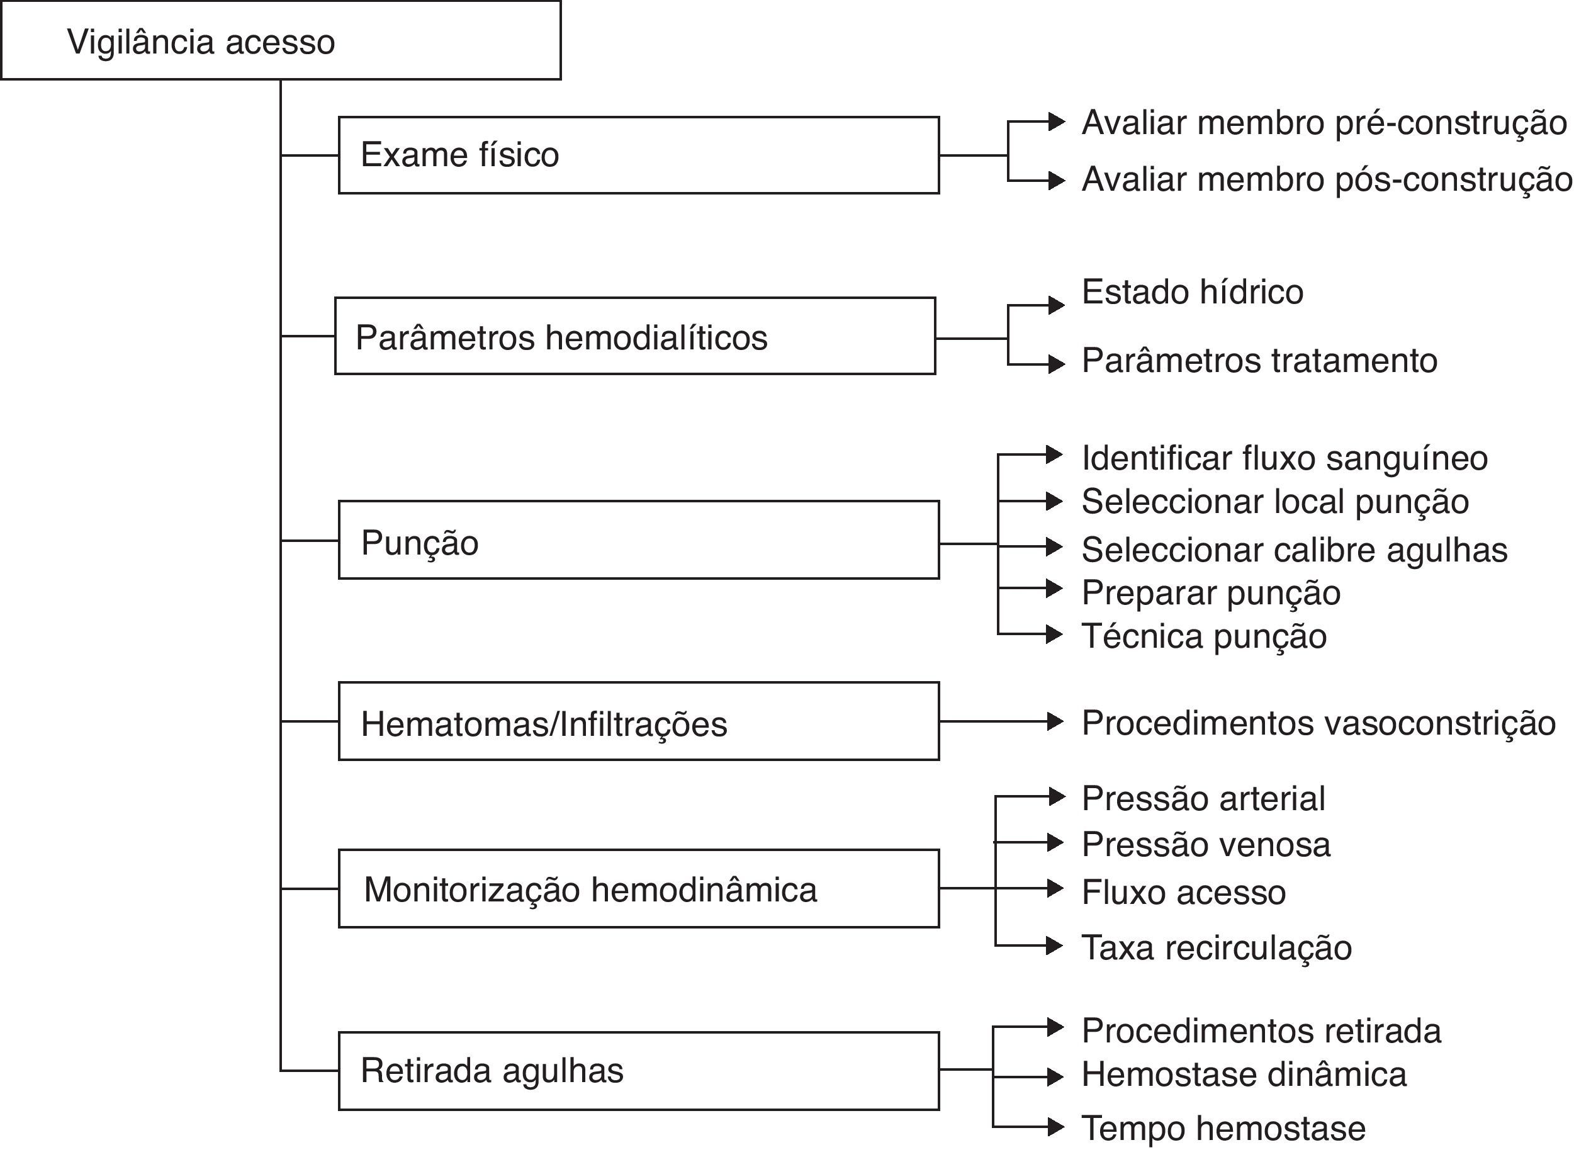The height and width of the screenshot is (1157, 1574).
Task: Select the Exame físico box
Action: [638, 155]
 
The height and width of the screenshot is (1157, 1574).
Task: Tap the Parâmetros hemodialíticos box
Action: [634, 336]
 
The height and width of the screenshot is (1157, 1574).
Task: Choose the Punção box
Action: [638, 540]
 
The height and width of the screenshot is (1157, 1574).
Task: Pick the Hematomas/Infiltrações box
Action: [638, 721]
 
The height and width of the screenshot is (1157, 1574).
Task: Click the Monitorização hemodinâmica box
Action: [638, 889]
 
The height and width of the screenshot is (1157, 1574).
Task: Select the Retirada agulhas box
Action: [638, 1071]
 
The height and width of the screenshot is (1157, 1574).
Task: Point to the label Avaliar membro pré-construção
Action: [1324, 123]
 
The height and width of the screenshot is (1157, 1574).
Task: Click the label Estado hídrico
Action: [1192, 291]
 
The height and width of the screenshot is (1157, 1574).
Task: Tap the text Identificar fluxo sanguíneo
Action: [1284, 458]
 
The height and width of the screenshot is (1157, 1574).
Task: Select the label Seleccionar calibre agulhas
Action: [1294, 550]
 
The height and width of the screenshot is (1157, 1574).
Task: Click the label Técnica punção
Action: [1203, 636]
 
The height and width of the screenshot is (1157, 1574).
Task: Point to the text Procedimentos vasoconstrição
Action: [1318, 723]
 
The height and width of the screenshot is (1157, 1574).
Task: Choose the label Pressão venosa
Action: [1205, 844]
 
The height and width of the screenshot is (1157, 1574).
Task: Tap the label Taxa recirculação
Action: [1216, 947]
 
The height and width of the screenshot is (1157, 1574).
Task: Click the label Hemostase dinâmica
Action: [1244, 1075]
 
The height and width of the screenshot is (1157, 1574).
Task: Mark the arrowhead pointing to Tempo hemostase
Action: [1056, 1126]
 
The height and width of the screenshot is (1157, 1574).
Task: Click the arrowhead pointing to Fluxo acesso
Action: [1056, 888]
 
